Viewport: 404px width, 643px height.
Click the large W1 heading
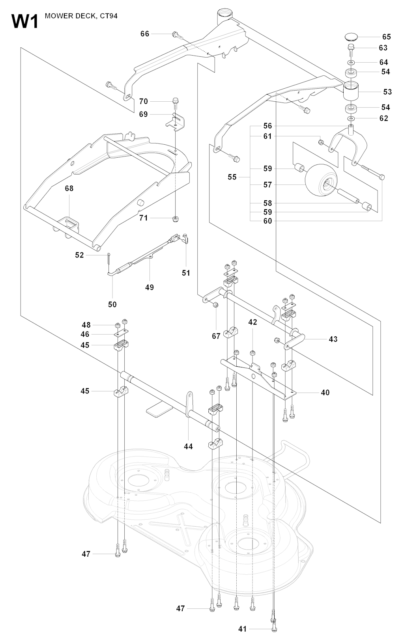pyautogui.click(x=25, y=22)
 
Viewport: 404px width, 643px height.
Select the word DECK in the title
pyautogui.click(x=86, y=16)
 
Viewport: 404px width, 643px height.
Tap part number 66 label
pyautogui.click(x=145, y=34)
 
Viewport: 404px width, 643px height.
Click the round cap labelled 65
pyautogui.click(x=352, y=37)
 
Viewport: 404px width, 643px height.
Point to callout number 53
pyautogui.click(x=387, y=92)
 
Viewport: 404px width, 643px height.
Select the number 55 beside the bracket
pyautogui.click(x=232, y=177)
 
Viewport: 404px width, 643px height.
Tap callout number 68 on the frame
pyautogui.click(x=69, y=188)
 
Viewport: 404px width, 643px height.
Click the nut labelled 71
pyautogui.click(x=176, y=219)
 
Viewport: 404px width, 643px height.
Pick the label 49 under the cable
pyautogui.click(x=150, y=287)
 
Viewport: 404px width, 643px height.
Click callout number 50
pyautogui.click(x=112, y=305)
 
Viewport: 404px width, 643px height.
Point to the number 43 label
pyautogui.click(x=333, y=339)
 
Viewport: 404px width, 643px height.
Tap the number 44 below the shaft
pyautogui.click(x=188, y=446)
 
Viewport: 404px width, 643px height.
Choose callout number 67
pyautogui.click(x=216, y=336)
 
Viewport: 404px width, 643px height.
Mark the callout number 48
pyautogui.click(x=86, y=325)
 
